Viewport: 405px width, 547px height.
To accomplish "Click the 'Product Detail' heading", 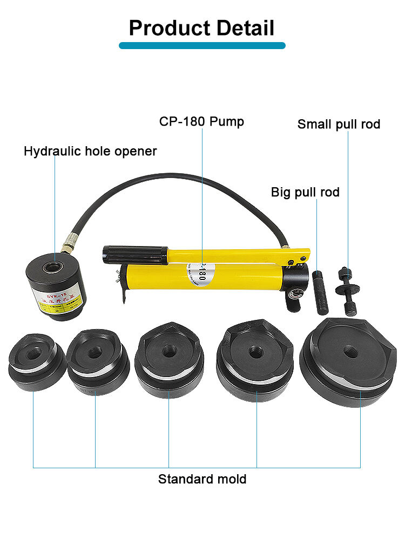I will pyautogui.click(x=202, y=28).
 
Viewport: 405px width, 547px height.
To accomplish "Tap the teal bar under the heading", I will pyautogui.click(x=202, y=46).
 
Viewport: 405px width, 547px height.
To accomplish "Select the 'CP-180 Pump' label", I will pyautogui.click(x=201, y=121).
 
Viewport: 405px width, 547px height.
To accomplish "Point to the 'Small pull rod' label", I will pyautogui.click(x=339, y=124).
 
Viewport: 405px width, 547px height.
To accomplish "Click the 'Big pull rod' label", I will pyautogui.click(x=305, y=192).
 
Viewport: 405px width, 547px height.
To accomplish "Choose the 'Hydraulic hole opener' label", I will pyautogui.click(x=90, y=151).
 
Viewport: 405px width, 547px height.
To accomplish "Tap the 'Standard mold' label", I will pyautogui.click(x=202, y=478).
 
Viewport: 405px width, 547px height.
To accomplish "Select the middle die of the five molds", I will pyautogui.click(x=168, y=361).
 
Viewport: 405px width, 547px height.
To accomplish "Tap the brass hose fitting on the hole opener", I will pyautogui.click(x=68, y=247).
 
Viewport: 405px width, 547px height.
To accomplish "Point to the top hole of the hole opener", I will pyautogui.click(x=54, y=265).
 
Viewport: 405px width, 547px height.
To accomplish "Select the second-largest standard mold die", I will pyautogui.click(x=254, y=359).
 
